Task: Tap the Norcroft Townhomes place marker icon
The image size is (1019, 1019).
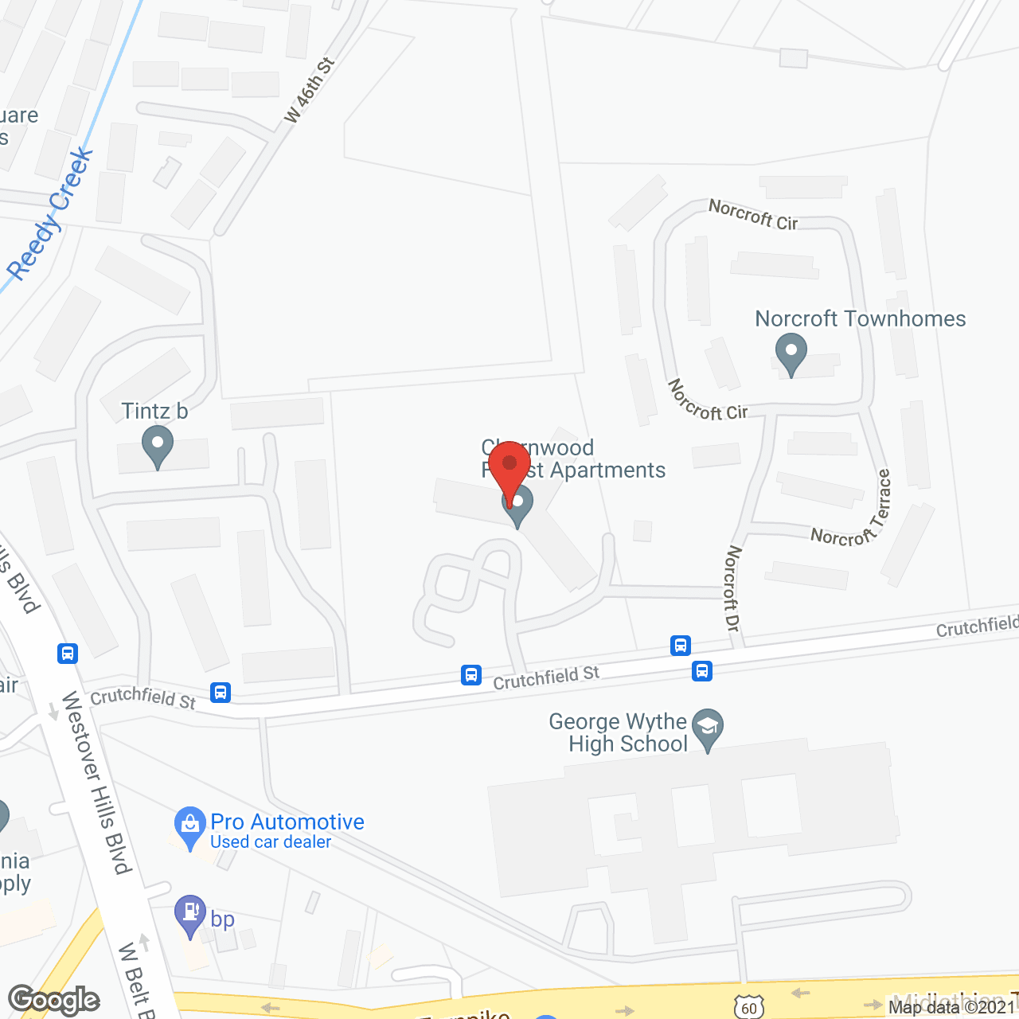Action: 791,353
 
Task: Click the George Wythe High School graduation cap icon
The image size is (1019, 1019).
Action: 707,728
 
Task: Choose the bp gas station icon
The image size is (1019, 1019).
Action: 190,915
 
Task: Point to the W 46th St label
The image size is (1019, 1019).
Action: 310,90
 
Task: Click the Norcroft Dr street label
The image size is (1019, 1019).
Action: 733,589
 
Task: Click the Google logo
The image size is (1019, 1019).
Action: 53,1000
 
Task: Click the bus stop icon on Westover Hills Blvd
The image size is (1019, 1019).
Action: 68,654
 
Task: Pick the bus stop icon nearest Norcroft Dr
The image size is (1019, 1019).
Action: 680,645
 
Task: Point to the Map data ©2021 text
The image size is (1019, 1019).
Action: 952,1007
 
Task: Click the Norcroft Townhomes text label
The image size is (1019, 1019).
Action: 860,318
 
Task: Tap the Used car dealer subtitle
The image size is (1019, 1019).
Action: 271,842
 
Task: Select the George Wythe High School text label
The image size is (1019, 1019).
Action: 619,732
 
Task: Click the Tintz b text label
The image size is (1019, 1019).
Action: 154,411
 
